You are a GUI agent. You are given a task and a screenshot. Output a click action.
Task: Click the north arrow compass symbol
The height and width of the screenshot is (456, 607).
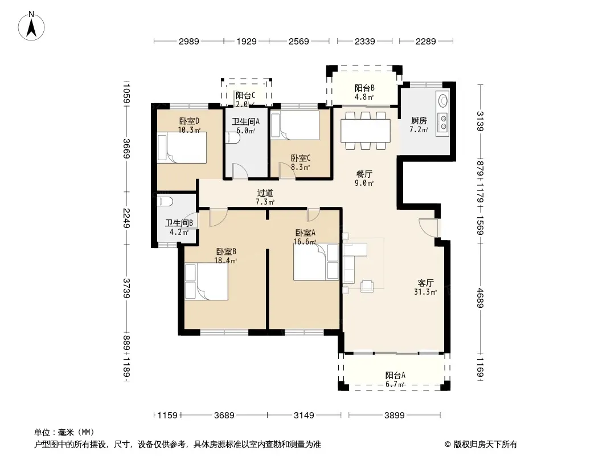pyautogui.click(x=31, y=26)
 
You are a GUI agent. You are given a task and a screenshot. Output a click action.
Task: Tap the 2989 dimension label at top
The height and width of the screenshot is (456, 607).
pyautogui.click(x=188, y=42)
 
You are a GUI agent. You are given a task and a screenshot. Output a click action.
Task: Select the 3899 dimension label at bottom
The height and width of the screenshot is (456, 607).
pyautogui.click(x=394, y=416)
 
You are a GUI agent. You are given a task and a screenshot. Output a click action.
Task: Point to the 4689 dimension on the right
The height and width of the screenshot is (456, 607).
pyautogui.click(x=481, y=298)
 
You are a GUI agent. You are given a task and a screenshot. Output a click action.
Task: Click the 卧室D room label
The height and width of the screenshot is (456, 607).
pyautogui.click(x=189, y=121)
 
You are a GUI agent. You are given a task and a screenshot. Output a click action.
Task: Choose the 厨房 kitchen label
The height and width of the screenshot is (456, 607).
pyautogui.click(x=419, y=121)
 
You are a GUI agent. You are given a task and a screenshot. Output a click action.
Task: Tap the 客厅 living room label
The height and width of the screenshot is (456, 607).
pyautogui.click(x=425, y=283)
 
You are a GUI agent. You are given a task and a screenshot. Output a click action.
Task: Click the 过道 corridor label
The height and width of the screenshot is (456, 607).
pyautogui.click(x=265, y=193)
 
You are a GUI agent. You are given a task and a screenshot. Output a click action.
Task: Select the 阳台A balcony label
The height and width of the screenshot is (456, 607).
pyautogui.click(x=395, y=375)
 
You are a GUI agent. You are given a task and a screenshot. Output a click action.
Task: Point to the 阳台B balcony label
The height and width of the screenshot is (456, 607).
pyautogui.click(x=364, y=88)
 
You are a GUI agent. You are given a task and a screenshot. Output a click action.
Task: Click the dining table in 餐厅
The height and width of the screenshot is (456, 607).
pyautogui.click(x=366, y=131)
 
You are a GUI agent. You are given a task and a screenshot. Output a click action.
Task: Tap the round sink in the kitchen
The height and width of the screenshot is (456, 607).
pyautogui.click(x=442, y=100)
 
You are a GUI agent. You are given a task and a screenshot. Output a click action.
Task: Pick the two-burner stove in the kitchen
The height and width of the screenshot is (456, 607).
pyautogui.click(x=442, y=121)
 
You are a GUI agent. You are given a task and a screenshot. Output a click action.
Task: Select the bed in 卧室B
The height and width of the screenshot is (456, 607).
pyautogui.click(x=206, y=282)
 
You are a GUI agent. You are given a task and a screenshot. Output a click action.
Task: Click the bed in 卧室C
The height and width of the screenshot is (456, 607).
pyautogui.click(x=294, y=125)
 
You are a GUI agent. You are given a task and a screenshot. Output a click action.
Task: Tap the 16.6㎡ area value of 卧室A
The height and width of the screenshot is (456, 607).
pyautogui.click(x=305, y=242)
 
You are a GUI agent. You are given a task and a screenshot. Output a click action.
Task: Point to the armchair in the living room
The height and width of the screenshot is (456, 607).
pyautogui.click(x=367, y=286)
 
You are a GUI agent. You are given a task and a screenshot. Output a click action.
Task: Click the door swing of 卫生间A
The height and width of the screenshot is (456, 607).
pyautogui.click(x=240, y=171)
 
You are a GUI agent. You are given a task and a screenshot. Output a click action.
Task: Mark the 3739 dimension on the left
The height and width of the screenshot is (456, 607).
pyautogui.click(x=126, y=288)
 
